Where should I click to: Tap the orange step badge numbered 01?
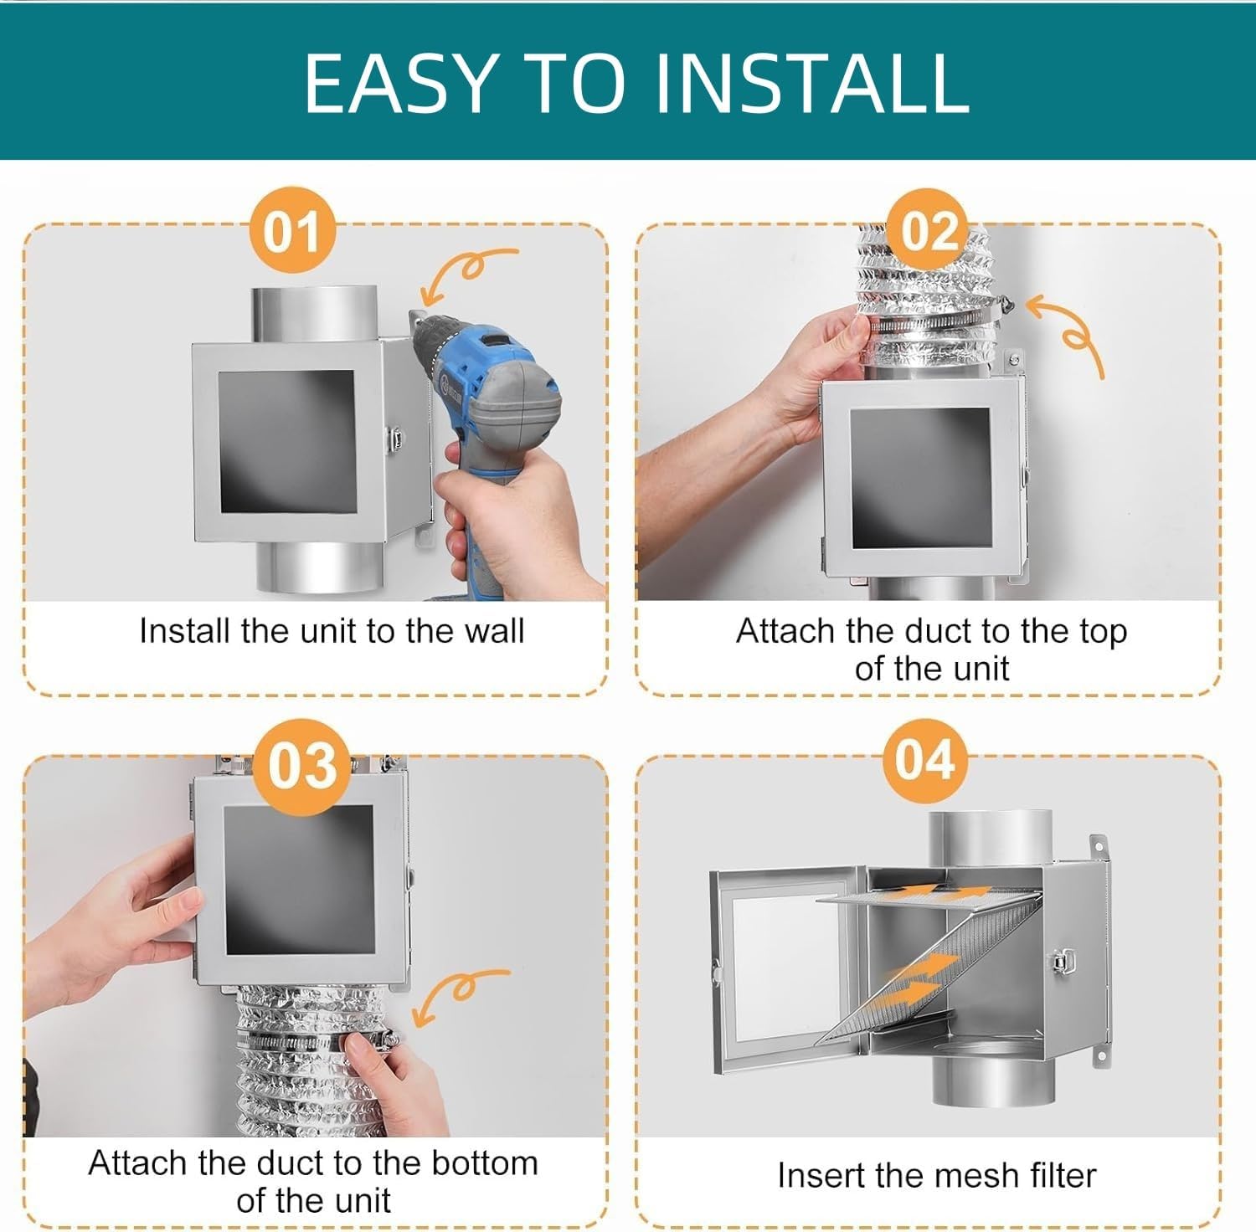[292, 232]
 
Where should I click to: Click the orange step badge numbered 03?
[302, 765]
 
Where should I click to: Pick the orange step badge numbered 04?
[924, 760]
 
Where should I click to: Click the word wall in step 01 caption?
[492, 631]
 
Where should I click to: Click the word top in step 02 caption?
[1103, 631]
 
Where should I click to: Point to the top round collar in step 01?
[314, 314]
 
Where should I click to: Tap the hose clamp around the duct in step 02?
[929, 322]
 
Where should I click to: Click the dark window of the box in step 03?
[299, 880]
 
